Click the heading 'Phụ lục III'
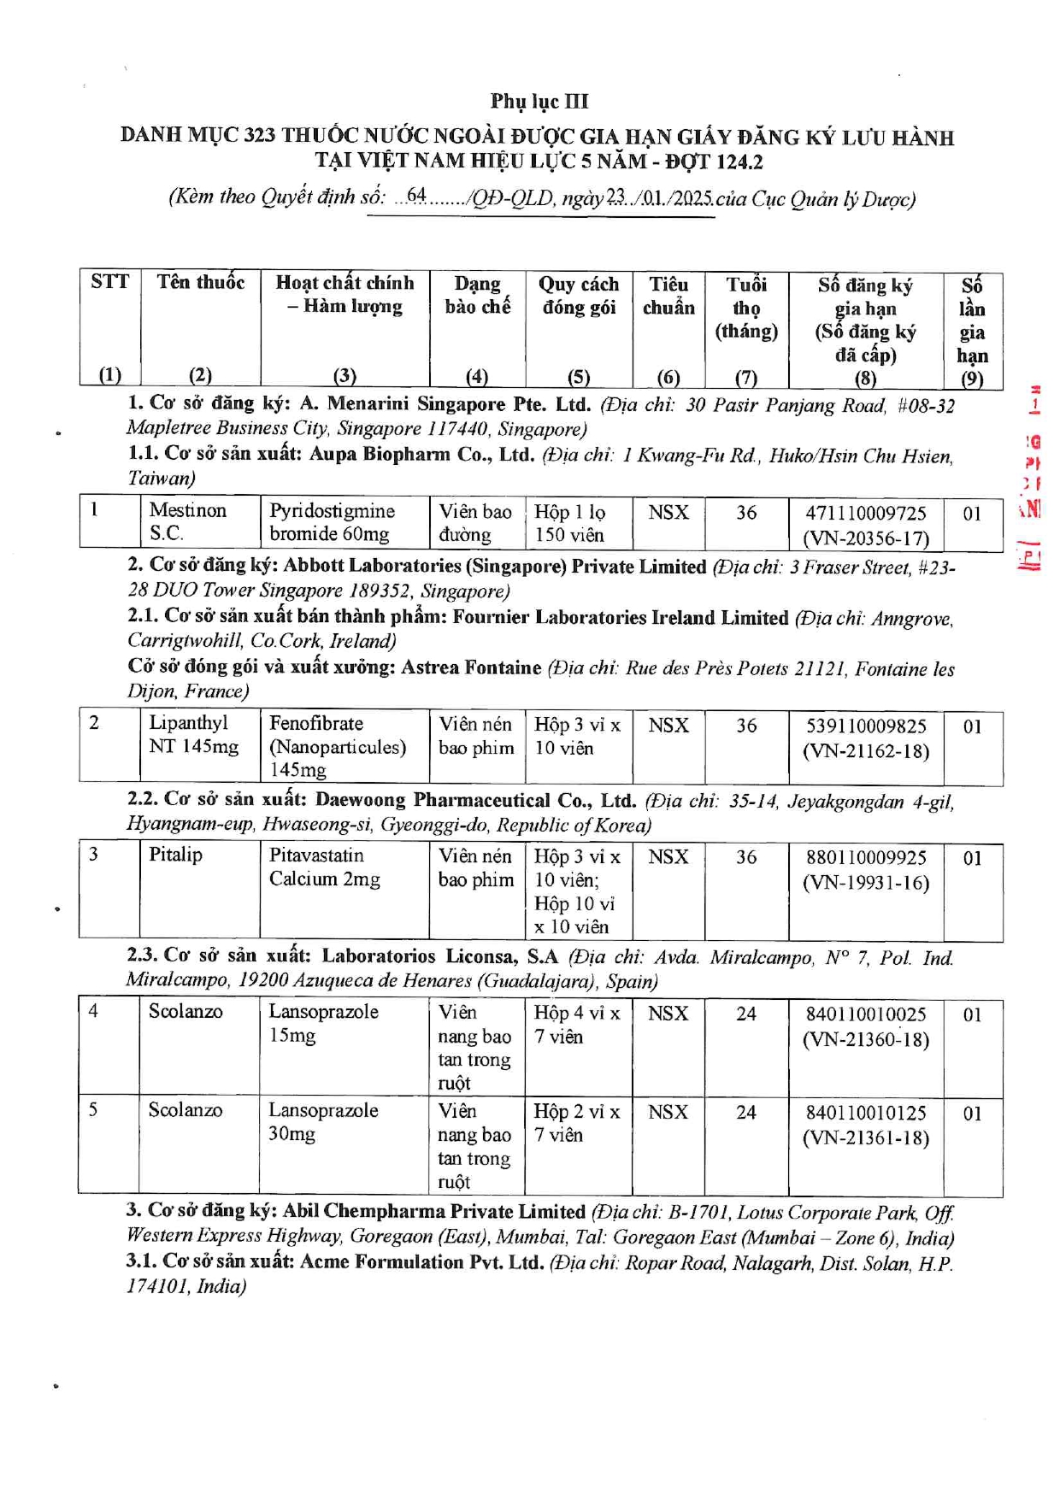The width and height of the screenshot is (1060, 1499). [539, 101]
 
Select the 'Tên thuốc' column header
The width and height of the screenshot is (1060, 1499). [200, 283]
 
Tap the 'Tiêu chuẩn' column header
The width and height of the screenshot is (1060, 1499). [668, 296]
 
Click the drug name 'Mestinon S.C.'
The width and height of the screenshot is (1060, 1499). [187, 521]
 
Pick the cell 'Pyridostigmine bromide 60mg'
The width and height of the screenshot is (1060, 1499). [332, 522]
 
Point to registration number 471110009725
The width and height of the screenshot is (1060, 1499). [865, 513]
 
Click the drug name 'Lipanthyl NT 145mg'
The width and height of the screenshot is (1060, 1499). [193, 734]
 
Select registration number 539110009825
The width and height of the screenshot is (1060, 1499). [865, 726]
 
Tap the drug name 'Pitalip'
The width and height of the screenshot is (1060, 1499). [175, 855]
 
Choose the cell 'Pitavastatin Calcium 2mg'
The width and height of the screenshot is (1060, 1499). [324, 867]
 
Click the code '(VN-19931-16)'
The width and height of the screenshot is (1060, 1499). [865, 882]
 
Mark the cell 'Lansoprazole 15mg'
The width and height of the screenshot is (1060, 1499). [323, 1023]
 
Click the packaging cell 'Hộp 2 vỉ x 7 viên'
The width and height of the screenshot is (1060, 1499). [577, 1123]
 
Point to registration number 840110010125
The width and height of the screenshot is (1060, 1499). [865, 1114]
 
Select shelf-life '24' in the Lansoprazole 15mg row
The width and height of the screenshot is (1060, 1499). [746, 1014]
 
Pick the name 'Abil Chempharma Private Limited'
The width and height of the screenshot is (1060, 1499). [433, 1211]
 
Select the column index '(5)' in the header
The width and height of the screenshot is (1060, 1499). [579, 376]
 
